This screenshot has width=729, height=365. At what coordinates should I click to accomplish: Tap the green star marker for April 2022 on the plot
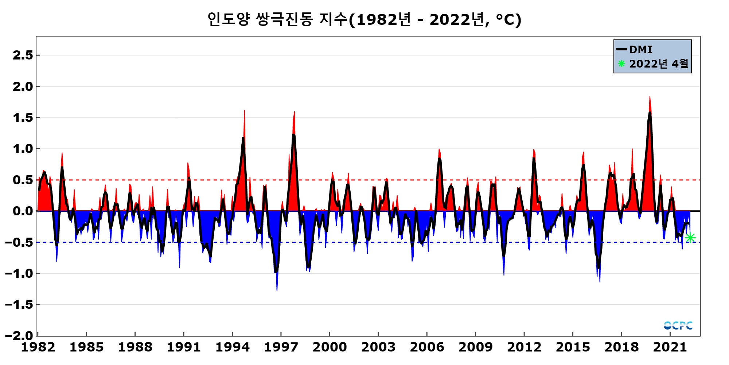coord(690,238)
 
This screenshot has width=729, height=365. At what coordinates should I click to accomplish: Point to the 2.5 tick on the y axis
coord(23,55)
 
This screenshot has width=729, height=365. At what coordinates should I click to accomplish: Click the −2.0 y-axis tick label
coord(19,335)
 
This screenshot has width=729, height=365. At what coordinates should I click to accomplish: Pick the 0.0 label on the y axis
coord(23,211)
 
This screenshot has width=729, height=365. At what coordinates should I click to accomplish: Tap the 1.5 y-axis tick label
coord(23,118)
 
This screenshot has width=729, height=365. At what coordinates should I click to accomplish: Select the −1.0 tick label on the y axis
coord(19,273)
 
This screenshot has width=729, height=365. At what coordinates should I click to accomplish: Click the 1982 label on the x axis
coord(38,347)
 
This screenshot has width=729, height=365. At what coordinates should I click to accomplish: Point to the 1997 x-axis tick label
coord(281,347)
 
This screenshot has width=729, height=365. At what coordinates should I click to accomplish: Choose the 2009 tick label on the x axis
coord(475,347)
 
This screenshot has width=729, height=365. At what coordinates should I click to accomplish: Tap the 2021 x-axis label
coord(670,347)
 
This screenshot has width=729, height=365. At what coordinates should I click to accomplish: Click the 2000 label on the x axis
coord(330,347)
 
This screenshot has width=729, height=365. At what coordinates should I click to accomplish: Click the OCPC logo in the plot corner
coord(678,325)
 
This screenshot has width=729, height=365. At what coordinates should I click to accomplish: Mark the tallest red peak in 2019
coord(650,97)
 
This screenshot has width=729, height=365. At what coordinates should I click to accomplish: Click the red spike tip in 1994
coord(244,111)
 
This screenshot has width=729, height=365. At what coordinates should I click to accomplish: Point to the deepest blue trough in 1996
coord(277,291)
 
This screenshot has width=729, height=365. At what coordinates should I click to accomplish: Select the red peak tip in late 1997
coord(294,112)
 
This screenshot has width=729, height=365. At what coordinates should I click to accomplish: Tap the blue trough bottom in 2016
coord(600,281)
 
